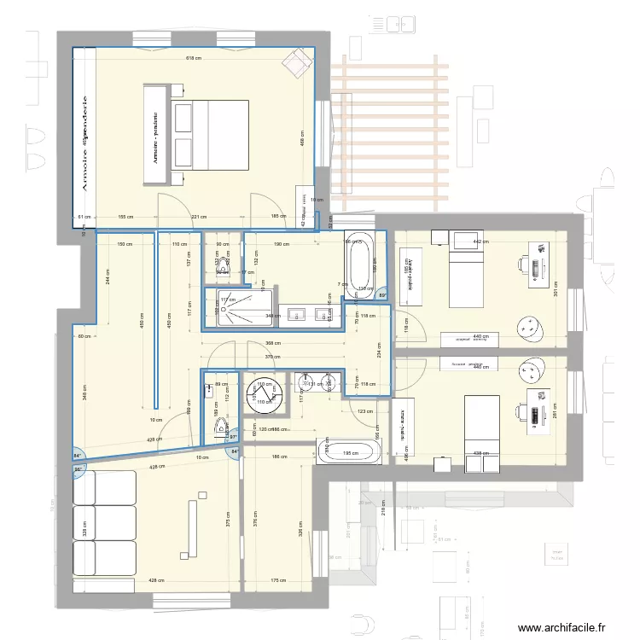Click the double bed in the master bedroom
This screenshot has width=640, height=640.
(x=210, y=140)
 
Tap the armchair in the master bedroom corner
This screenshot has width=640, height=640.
(x=299, y=61)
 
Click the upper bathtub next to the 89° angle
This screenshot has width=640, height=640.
(x=359, y=262)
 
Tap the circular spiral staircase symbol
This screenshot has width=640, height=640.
(x=261, y=394)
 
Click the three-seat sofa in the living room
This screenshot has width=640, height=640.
(x=105, y=523)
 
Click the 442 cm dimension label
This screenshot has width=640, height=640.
(x=480, y=242)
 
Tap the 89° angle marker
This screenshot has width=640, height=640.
(x=383, y=296)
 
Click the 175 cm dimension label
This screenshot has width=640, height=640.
(x=278, y=581)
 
